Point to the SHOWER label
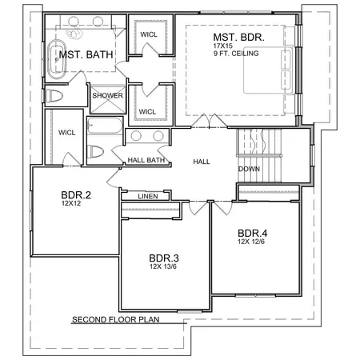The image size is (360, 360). pos(107,95)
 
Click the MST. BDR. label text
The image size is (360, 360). pos(237,38)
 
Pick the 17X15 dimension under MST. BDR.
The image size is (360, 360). pos(222,47)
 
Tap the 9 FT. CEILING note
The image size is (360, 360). pos(236,55)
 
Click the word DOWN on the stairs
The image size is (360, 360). pos(248,169)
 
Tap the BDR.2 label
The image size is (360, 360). pos(77,194)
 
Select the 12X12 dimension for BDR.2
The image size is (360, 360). pos(72,203)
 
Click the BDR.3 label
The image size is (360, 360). pos(165,258)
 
